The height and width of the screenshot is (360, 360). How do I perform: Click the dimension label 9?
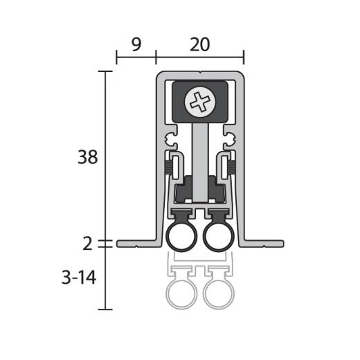pos(136,44)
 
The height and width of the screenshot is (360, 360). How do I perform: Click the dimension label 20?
pos(200,44)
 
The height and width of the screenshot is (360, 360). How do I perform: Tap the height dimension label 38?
pos(88,157)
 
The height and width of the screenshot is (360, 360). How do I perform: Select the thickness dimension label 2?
pos(87,244)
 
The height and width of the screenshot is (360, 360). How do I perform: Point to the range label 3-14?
pos(79,278)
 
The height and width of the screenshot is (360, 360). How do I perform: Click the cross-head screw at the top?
pos(200,102)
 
